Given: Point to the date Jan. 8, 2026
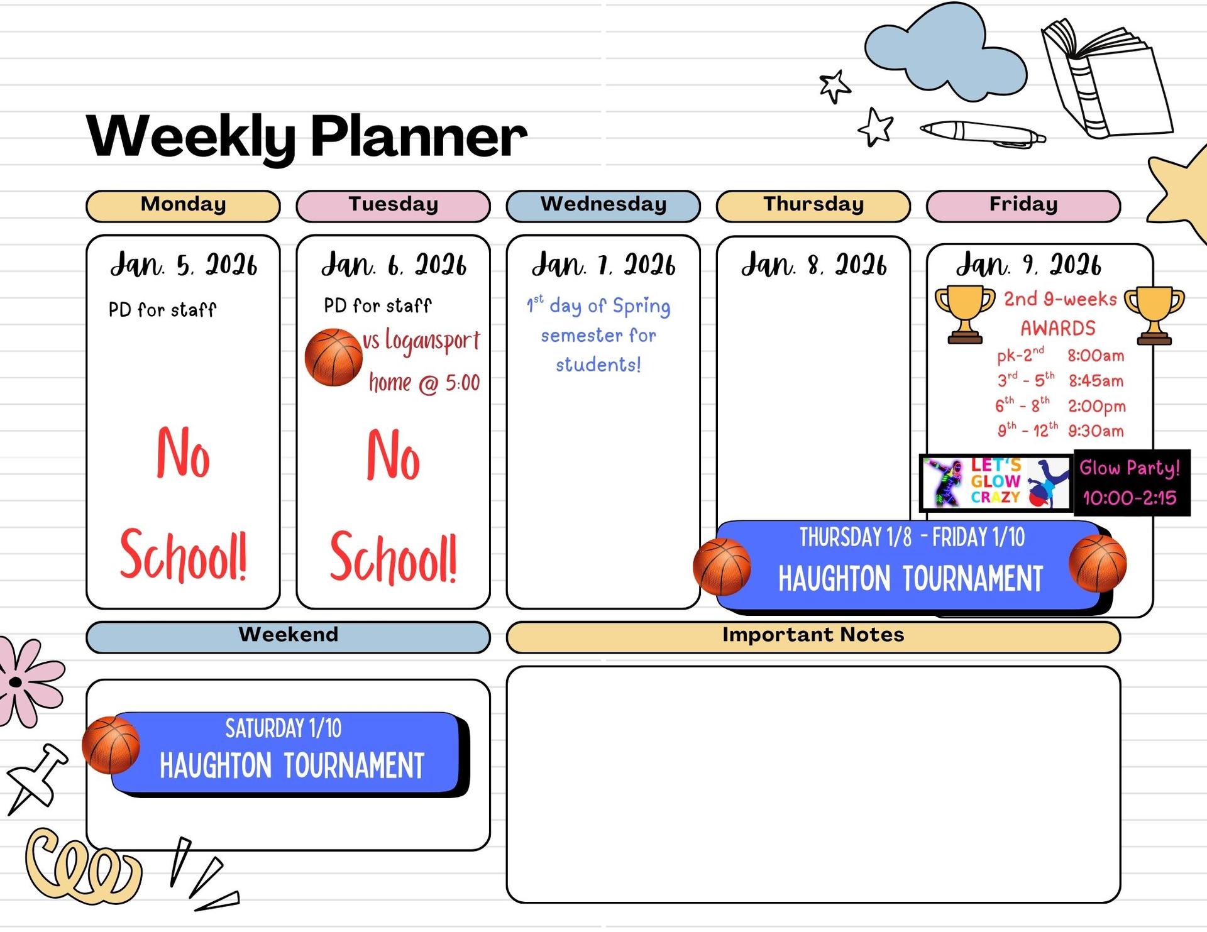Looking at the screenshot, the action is point(814,265).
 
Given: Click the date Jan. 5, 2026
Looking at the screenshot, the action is point(184,265).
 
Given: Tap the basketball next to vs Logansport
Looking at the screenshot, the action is point(333,357).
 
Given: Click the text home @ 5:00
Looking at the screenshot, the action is point(424,383).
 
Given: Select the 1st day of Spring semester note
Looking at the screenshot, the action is point(598,335).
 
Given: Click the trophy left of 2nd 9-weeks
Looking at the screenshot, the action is point(965,314).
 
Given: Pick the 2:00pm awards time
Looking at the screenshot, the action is point(1096,406).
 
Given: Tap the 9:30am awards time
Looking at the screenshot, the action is point(1096,431).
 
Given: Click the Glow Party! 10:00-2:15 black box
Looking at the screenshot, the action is point(1132,483).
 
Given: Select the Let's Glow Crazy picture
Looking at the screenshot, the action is point(996,483).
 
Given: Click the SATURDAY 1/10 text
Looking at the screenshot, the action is point(284,729).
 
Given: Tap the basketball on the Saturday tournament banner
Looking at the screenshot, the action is point(111,745).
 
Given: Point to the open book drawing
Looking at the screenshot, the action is point(1106,78).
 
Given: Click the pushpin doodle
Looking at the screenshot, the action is point(36,779).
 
